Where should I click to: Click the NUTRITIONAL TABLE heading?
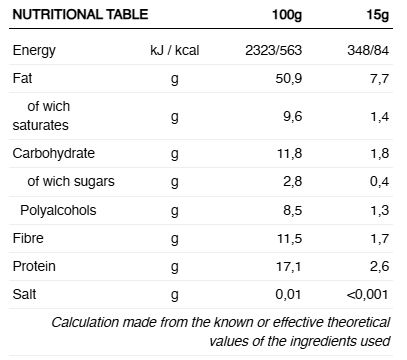(x=80, y=15)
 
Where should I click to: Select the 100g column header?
(x=287, y=15)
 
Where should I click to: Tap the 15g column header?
(x=378, y=15)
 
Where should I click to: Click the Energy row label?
(x=34, y=51)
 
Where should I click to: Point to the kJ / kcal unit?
(x=175, y=50)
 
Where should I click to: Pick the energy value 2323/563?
(x=274, y=50)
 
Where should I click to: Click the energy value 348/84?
(x=368, y=50)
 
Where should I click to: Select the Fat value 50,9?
(x=289, y=79)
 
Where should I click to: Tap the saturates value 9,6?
(x=293, y=116)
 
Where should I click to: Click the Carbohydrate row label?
(x=54, y=153)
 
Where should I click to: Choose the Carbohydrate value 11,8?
(x=289, y=154)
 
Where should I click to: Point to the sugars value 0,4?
(x=379, y=182)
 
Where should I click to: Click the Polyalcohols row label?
(x=58, y=210)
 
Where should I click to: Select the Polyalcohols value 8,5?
(x=293, y=211)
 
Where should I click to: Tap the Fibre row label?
(x=28, y=238)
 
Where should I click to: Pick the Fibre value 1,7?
(x=380, y=239)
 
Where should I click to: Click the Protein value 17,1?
(x=289, y=267)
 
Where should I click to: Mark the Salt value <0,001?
(x=368, y=295)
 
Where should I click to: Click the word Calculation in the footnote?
(x=85, y=322)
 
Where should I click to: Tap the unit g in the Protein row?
(x=174, y=267)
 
